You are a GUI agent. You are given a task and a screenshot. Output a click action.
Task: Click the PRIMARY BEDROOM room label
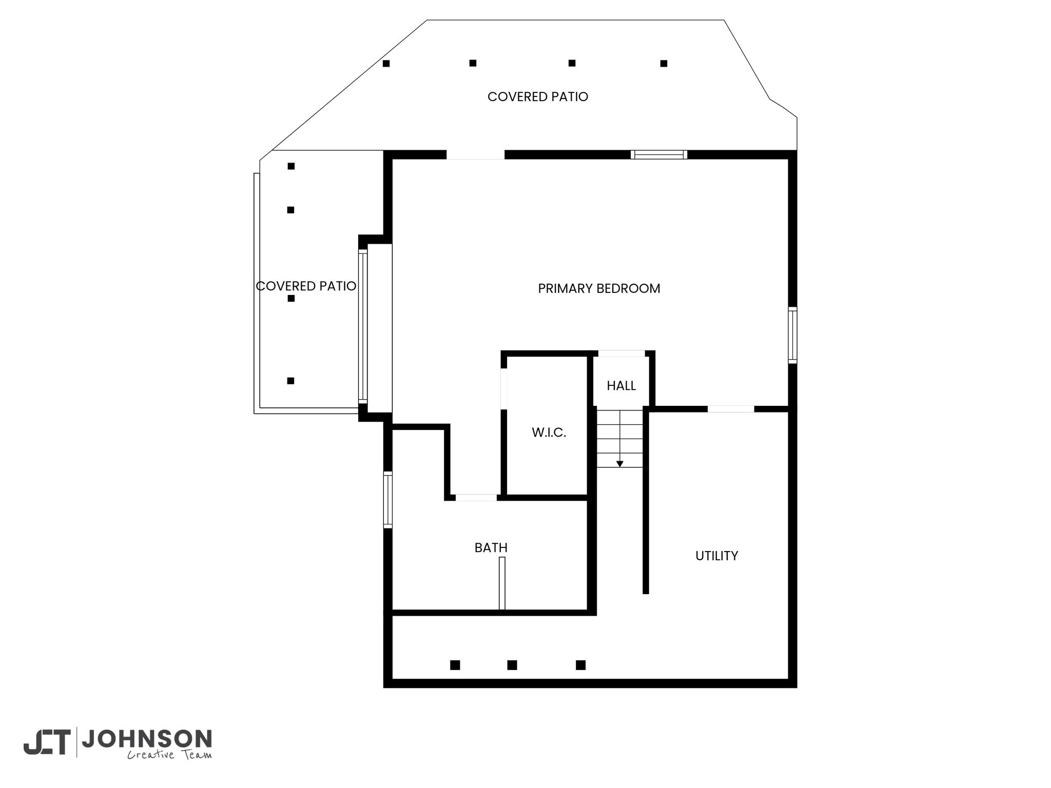coord(599,288)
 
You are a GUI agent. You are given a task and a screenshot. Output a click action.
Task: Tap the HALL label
coord(621,386)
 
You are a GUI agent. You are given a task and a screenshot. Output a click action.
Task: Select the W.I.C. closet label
coord(549,432)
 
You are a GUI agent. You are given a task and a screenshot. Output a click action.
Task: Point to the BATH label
coord(491,548)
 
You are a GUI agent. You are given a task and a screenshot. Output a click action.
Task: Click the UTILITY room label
coord(716,556)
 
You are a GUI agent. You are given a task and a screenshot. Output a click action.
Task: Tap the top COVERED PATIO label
coord(538,96)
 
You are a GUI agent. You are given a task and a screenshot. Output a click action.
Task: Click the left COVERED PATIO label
coord(306,286)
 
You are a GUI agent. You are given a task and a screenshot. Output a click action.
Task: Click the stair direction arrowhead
coord(620,464)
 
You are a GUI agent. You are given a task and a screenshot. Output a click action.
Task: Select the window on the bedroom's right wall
coord(793,335)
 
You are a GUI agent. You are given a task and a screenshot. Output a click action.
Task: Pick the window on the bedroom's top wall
coord(659,154)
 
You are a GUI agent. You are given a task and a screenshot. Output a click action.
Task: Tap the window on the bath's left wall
coord(388,500)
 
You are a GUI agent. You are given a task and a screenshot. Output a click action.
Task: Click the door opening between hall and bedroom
coord(621,353)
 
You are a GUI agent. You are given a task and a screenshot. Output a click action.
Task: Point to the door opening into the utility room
coord(731,409)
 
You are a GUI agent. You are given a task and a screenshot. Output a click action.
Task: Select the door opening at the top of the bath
coord(476,498)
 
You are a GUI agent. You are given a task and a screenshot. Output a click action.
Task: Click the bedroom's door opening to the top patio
coord(475,155)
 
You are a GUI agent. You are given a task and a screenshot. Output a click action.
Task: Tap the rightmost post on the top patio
coord(664,64)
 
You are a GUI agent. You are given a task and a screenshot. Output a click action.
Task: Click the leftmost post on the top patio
coord(386,64)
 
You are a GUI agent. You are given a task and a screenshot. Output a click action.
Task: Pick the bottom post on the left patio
coord(290,381)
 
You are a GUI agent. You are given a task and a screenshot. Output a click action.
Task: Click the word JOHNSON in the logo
coord(147,739)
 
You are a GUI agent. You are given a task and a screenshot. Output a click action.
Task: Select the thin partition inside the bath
coord(502,583)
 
